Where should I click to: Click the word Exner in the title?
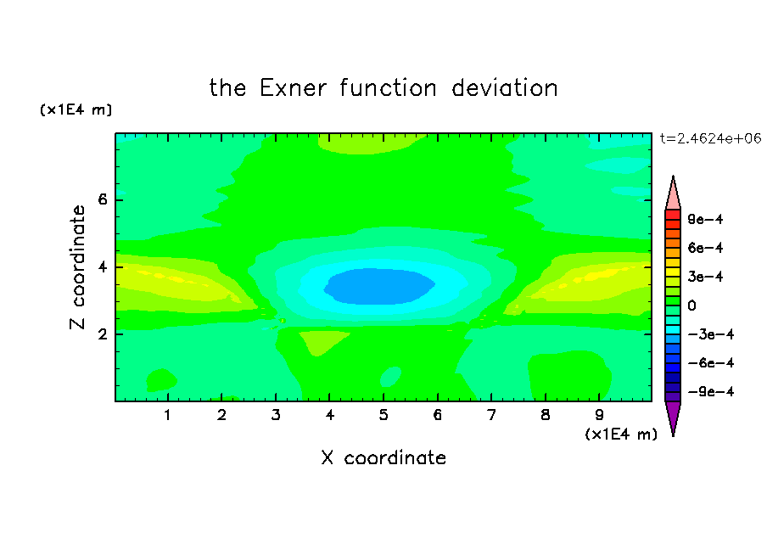point(293,88)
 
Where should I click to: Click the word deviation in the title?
point(504,88)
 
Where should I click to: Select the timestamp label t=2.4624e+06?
point(710,138)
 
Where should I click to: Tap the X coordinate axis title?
point(383,457)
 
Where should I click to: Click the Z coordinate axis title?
point(77,267)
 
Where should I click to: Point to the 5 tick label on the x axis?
point(383,415)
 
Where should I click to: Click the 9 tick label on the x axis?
point(599,415)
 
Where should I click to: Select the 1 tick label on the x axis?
point(167,415)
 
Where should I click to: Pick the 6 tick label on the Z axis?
point(102,199)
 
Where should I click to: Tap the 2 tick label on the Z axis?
point(102,334)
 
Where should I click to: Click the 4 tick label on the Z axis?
point(102,267)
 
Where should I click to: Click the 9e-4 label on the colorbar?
point(705,219)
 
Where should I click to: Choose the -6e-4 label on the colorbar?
point(711,363)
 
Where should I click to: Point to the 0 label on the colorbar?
point(691,306)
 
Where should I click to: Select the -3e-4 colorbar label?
point(711,334)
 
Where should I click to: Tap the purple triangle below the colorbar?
point(673,416)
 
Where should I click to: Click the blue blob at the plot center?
point(379,286)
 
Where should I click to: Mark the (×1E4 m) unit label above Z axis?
point(76,109)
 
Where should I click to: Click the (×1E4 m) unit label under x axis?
point(621,434)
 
